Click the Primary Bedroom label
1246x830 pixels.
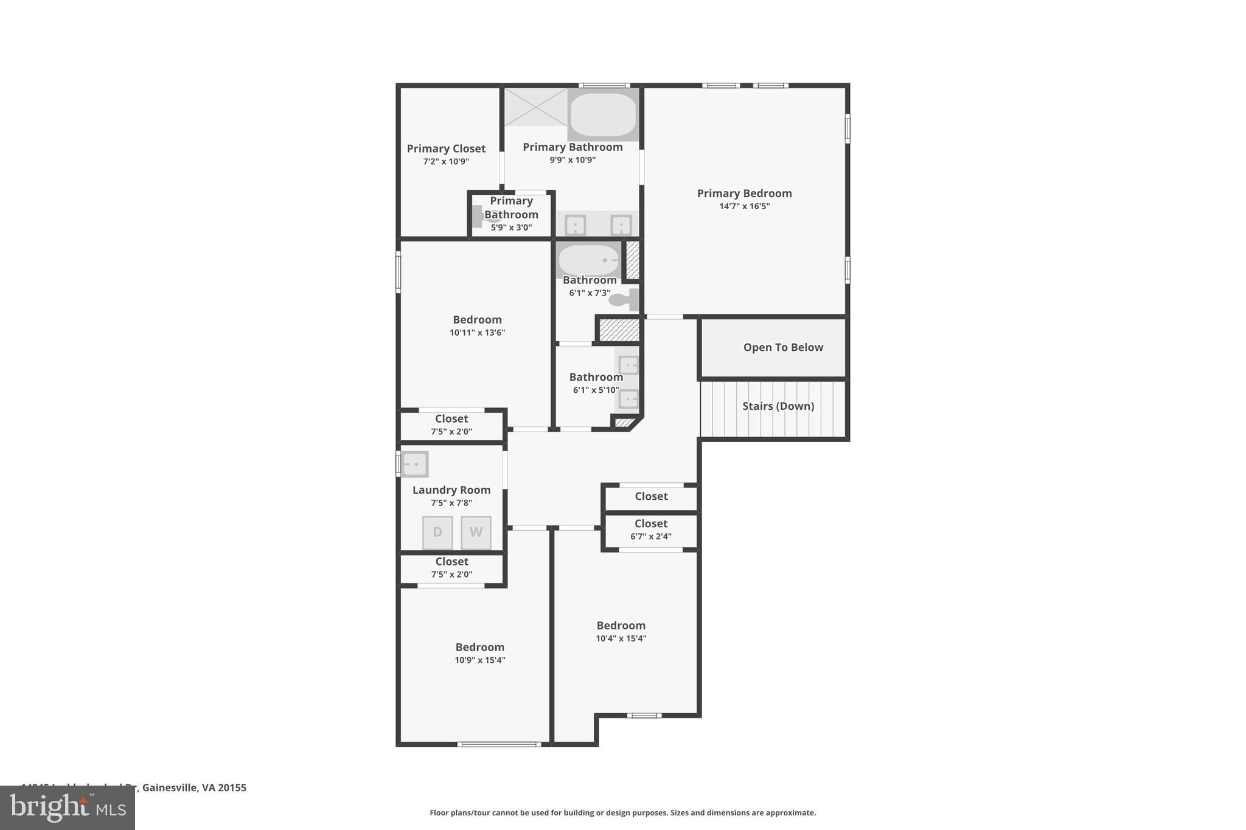tap(744, 193)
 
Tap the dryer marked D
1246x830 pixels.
tap(437, 533)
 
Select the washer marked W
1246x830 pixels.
tap(476, 533)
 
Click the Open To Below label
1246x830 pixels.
tap(783, 347)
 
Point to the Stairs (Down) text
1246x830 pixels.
tap(778, 406)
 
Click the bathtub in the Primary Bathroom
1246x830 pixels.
tap(603, 114)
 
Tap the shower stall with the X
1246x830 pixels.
tap(535, 107)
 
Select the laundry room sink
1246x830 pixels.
tap(415, 465)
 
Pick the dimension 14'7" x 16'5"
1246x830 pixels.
tap(744, 207)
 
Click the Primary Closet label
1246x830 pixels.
tap(446, 148)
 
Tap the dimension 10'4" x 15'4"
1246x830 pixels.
tap(621, 638)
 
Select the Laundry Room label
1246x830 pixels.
tap(451, 490)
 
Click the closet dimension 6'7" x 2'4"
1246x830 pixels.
tap(651, 536)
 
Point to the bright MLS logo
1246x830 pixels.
tap(68, 808)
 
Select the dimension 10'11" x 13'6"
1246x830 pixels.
tap(477, 333)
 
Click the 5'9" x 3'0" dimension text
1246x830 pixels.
tap(511, 228)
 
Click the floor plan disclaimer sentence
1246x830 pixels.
tap(622, 813)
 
